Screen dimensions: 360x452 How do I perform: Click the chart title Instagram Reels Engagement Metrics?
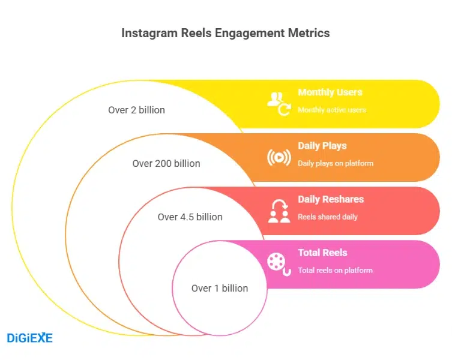[225, 33]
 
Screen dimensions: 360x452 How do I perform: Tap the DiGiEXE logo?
[29, 338]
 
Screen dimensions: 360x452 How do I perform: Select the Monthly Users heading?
[330, 92]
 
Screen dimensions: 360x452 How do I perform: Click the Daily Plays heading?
[322, 146]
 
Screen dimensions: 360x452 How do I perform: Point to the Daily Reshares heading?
[331, 199]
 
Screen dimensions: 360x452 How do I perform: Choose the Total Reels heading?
[322, 253]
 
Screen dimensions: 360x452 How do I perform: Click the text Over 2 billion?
[136, 110]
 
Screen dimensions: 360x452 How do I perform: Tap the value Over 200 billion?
[166, 163]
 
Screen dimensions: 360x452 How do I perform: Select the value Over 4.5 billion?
[190, 217]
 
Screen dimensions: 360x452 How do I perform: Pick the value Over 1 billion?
[220, 288]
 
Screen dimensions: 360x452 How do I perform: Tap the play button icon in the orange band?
[278, 157]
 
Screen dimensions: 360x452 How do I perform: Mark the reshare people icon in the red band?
[279, 211]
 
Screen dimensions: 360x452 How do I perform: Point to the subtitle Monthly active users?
[332, 110]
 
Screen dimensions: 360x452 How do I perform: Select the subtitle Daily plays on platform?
[336, 163]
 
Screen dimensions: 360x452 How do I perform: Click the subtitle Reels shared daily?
[327, 217]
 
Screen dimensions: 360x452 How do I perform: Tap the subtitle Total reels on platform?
[335, 270]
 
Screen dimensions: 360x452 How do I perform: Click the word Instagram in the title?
[148, 33]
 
